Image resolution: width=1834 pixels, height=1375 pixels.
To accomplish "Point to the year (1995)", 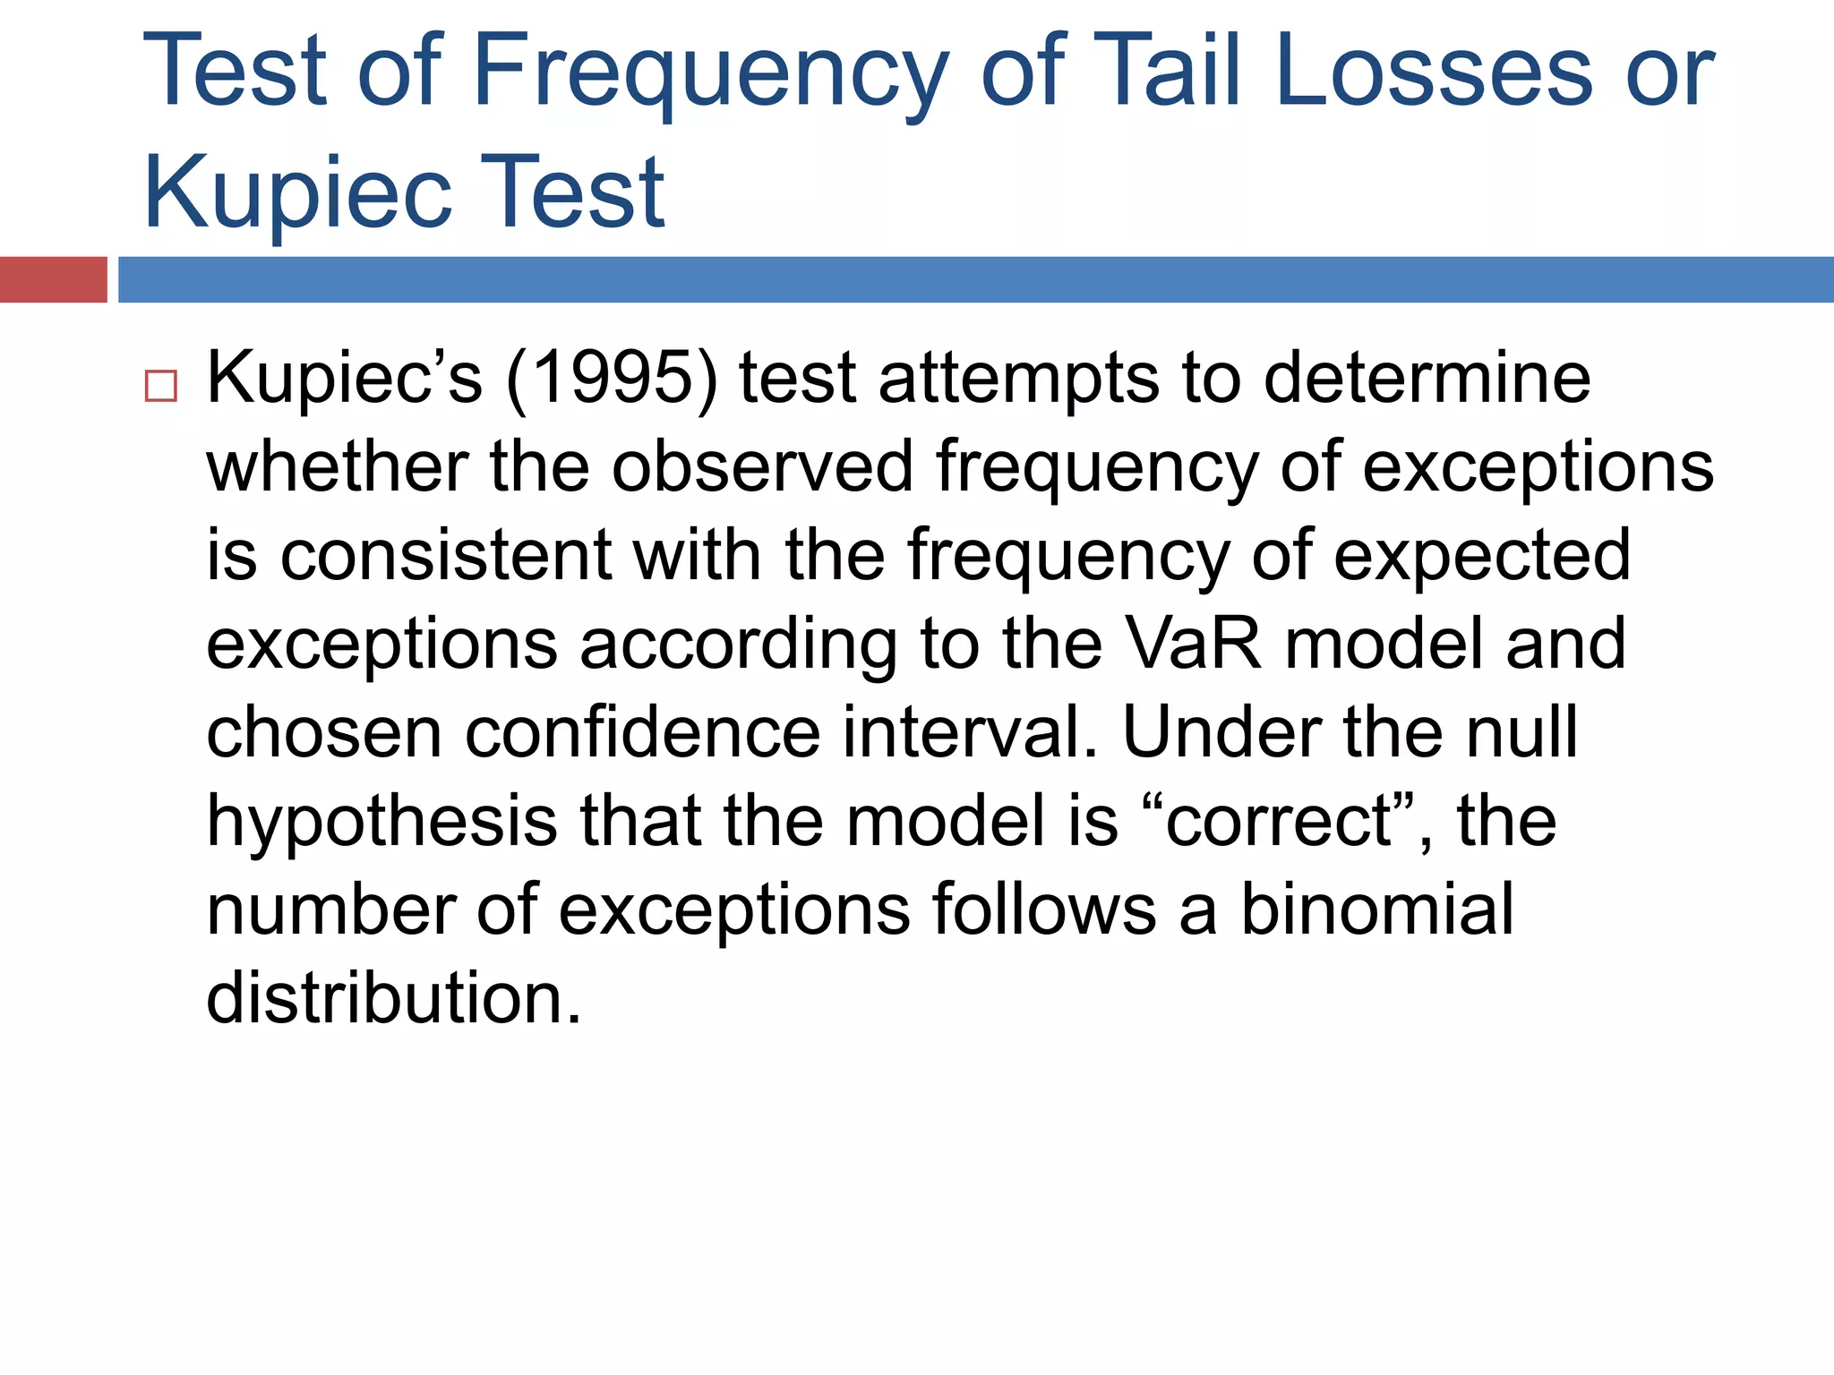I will [x=613, y=380].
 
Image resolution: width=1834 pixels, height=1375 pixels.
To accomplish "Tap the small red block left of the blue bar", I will [x=53, y=279].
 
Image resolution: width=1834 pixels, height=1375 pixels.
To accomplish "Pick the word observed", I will [x=762, y=466].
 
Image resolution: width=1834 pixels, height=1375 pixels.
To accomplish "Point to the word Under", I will [x=1222, y=731].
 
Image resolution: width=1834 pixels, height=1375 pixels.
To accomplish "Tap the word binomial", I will [x=1376, y=909].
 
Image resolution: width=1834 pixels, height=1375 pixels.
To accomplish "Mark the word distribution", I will [x=394, y=997].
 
